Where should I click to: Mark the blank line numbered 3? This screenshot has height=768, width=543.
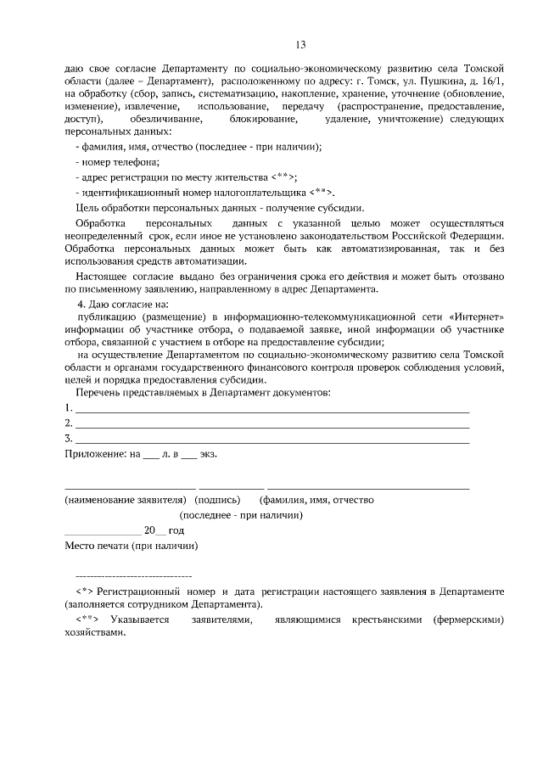[271, 439]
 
